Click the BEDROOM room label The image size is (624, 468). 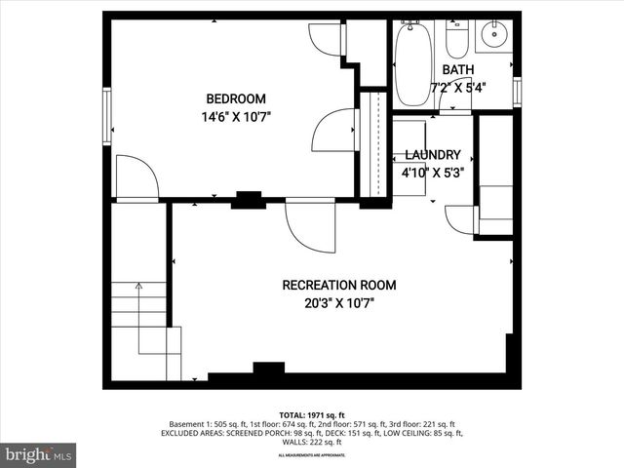click(x=235, y=98)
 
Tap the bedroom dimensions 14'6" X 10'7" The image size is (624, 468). click(x=235, y=116)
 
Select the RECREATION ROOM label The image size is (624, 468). click(x=338, y=285)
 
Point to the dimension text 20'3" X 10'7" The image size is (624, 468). click(x=338, y=302)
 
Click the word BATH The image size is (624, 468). click(x=457, y=70)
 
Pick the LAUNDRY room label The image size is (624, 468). click(x=432, y=154)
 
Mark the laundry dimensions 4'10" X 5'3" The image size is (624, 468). click(x=433, y=172)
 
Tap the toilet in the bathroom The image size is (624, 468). click(x=456, y=39)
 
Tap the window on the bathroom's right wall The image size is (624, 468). click(x=517, y=90)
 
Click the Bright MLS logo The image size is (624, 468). click(x=39, y=454)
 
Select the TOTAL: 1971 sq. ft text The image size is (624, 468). click(x=311, y=415)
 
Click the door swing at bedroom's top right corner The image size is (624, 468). click(x=326, y=39)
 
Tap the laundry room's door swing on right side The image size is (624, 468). click(x=460, y=219)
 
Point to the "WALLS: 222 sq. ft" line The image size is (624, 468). click(x=311, y=442)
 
